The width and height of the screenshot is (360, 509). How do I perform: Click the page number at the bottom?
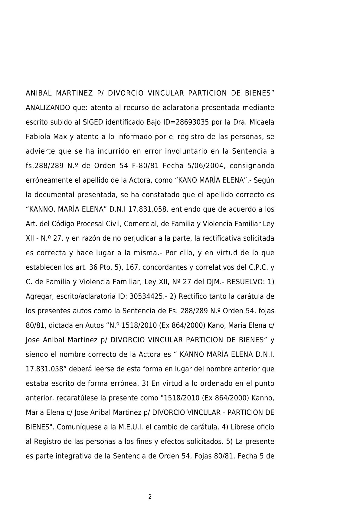click(x=150, y=497)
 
